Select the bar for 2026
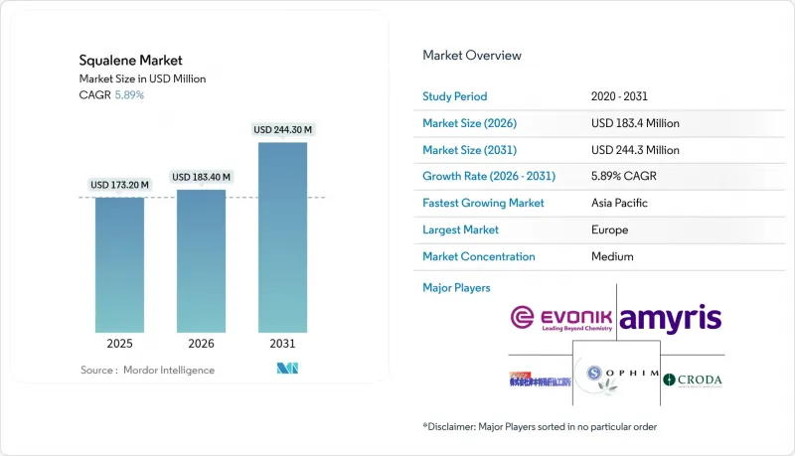pyautogui.click(x=201, y=259)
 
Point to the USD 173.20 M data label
pyautogui.click(x=119, y=185)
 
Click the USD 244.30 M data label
pyautogui.click(x=282, y=130)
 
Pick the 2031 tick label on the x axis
pyautogui.click(x=282, y=343)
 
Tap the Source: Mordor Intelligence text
pyautogui.click(x=147, y=370)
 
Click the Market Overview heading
pyautogui.click(x=472, y=56)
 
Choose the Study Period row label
pyautogui.click(x=456, y=97)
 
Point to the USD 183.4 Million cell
pyautogui.click(x=635, y=123)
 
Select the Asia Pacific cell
pyautogui.click(x=618, y=203)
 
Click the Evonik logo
pyautogui.click(x=561, y=319)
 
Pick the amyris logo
pyautogui.click(x=670, y=319)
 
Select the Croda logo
pyautogui.click(x=694, y=380)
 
